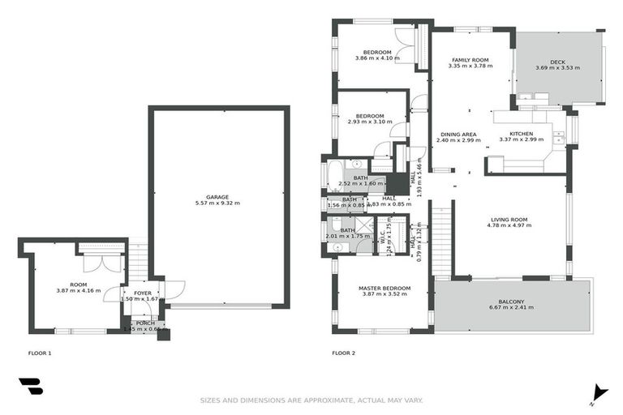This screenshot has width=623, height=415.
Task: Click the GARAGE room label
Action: (x=217, y=197)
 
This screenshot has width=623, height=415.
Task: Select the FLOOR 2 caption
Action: (x=343, y=353)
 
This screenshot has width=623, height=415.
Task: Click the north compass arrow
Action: (x=599, y=391)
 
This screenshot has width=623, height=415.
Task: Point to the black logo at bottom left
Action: (x=30, y=387)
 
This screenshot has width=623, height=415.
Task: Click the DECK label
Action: (x=557, y=62)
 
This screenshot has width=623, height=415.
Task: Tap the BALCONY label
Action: (x=512, y=301)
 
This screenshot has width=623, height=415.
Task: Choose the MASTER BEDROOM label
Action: (x=385, y=288)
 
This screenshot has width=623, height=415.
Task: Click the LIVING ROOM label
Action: (x=509, y=219)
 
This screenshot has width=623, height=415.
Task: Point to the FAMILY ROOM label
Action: (x=470, y=60)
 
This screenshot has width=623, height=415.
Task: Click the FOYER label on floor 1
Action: (x=143, y=293)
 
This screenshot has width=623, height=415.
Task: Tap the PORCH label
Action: (x=145, y=323)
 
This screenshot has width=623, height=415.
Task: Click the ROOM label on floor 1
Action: (x=78, y=285)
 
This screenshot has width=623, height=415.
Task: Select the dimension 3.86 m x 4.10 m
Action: (x=378, y=58)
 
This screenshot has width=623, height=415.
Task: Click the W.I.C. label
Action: (x=382, y=238)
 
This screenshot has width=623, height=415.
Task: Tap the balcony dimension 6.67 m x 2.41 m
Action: (x=512, y=308)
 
